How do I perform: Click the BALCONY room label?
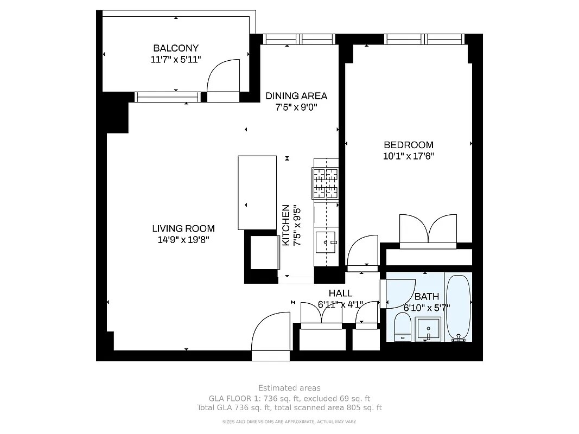point(175,48)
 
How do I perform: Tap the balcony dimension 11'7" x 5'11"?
point(175,59)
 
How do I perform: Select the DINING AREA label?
point(296,96)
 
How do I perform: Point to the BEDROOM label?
point(408,145)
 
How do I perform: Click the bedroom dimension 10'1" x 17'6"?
point(408,156)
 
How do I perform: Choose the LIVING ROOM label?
point(183,228)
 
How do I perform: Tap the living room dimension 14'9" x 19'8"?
point(183,240)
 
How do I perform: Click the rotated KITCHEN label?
point(285,225)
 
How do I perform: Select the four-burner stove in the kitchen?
point(325,183)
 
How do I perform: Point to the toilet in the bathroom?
point(402,328)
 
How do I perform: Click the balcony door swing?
point(224,77)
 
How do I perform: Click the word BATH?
point(427,297)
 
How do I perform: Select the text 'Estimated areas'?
point(289,388)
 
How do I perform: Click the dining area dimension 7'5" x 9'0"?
point(296,107)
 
